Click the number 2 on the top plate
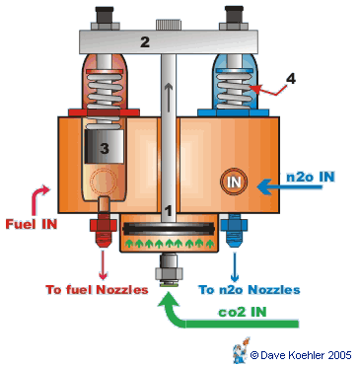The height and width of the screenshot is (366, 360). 144,42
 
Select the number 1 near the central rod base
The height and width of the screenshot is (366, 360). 169,210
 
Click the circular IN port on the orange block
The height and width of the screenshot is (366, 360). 234,182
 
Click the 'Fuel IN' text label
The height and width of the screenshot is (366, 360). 28,224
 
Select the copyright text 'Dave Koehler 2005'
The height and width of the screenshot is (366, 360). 301,352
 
